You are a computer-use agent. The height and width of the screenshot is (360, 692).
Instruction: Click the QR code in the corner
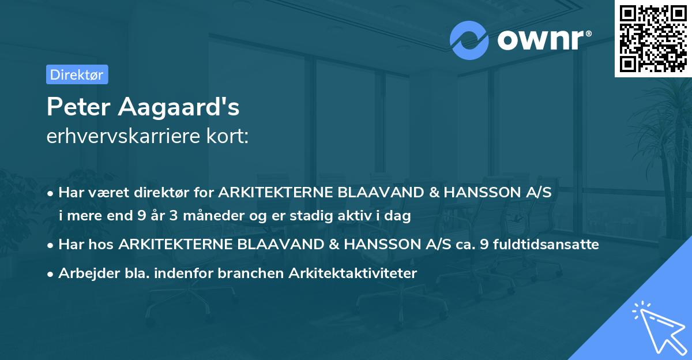tap(653, 38)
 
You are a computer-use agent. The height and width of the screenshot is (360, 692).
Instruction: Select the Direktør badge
tap(77, 74)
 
